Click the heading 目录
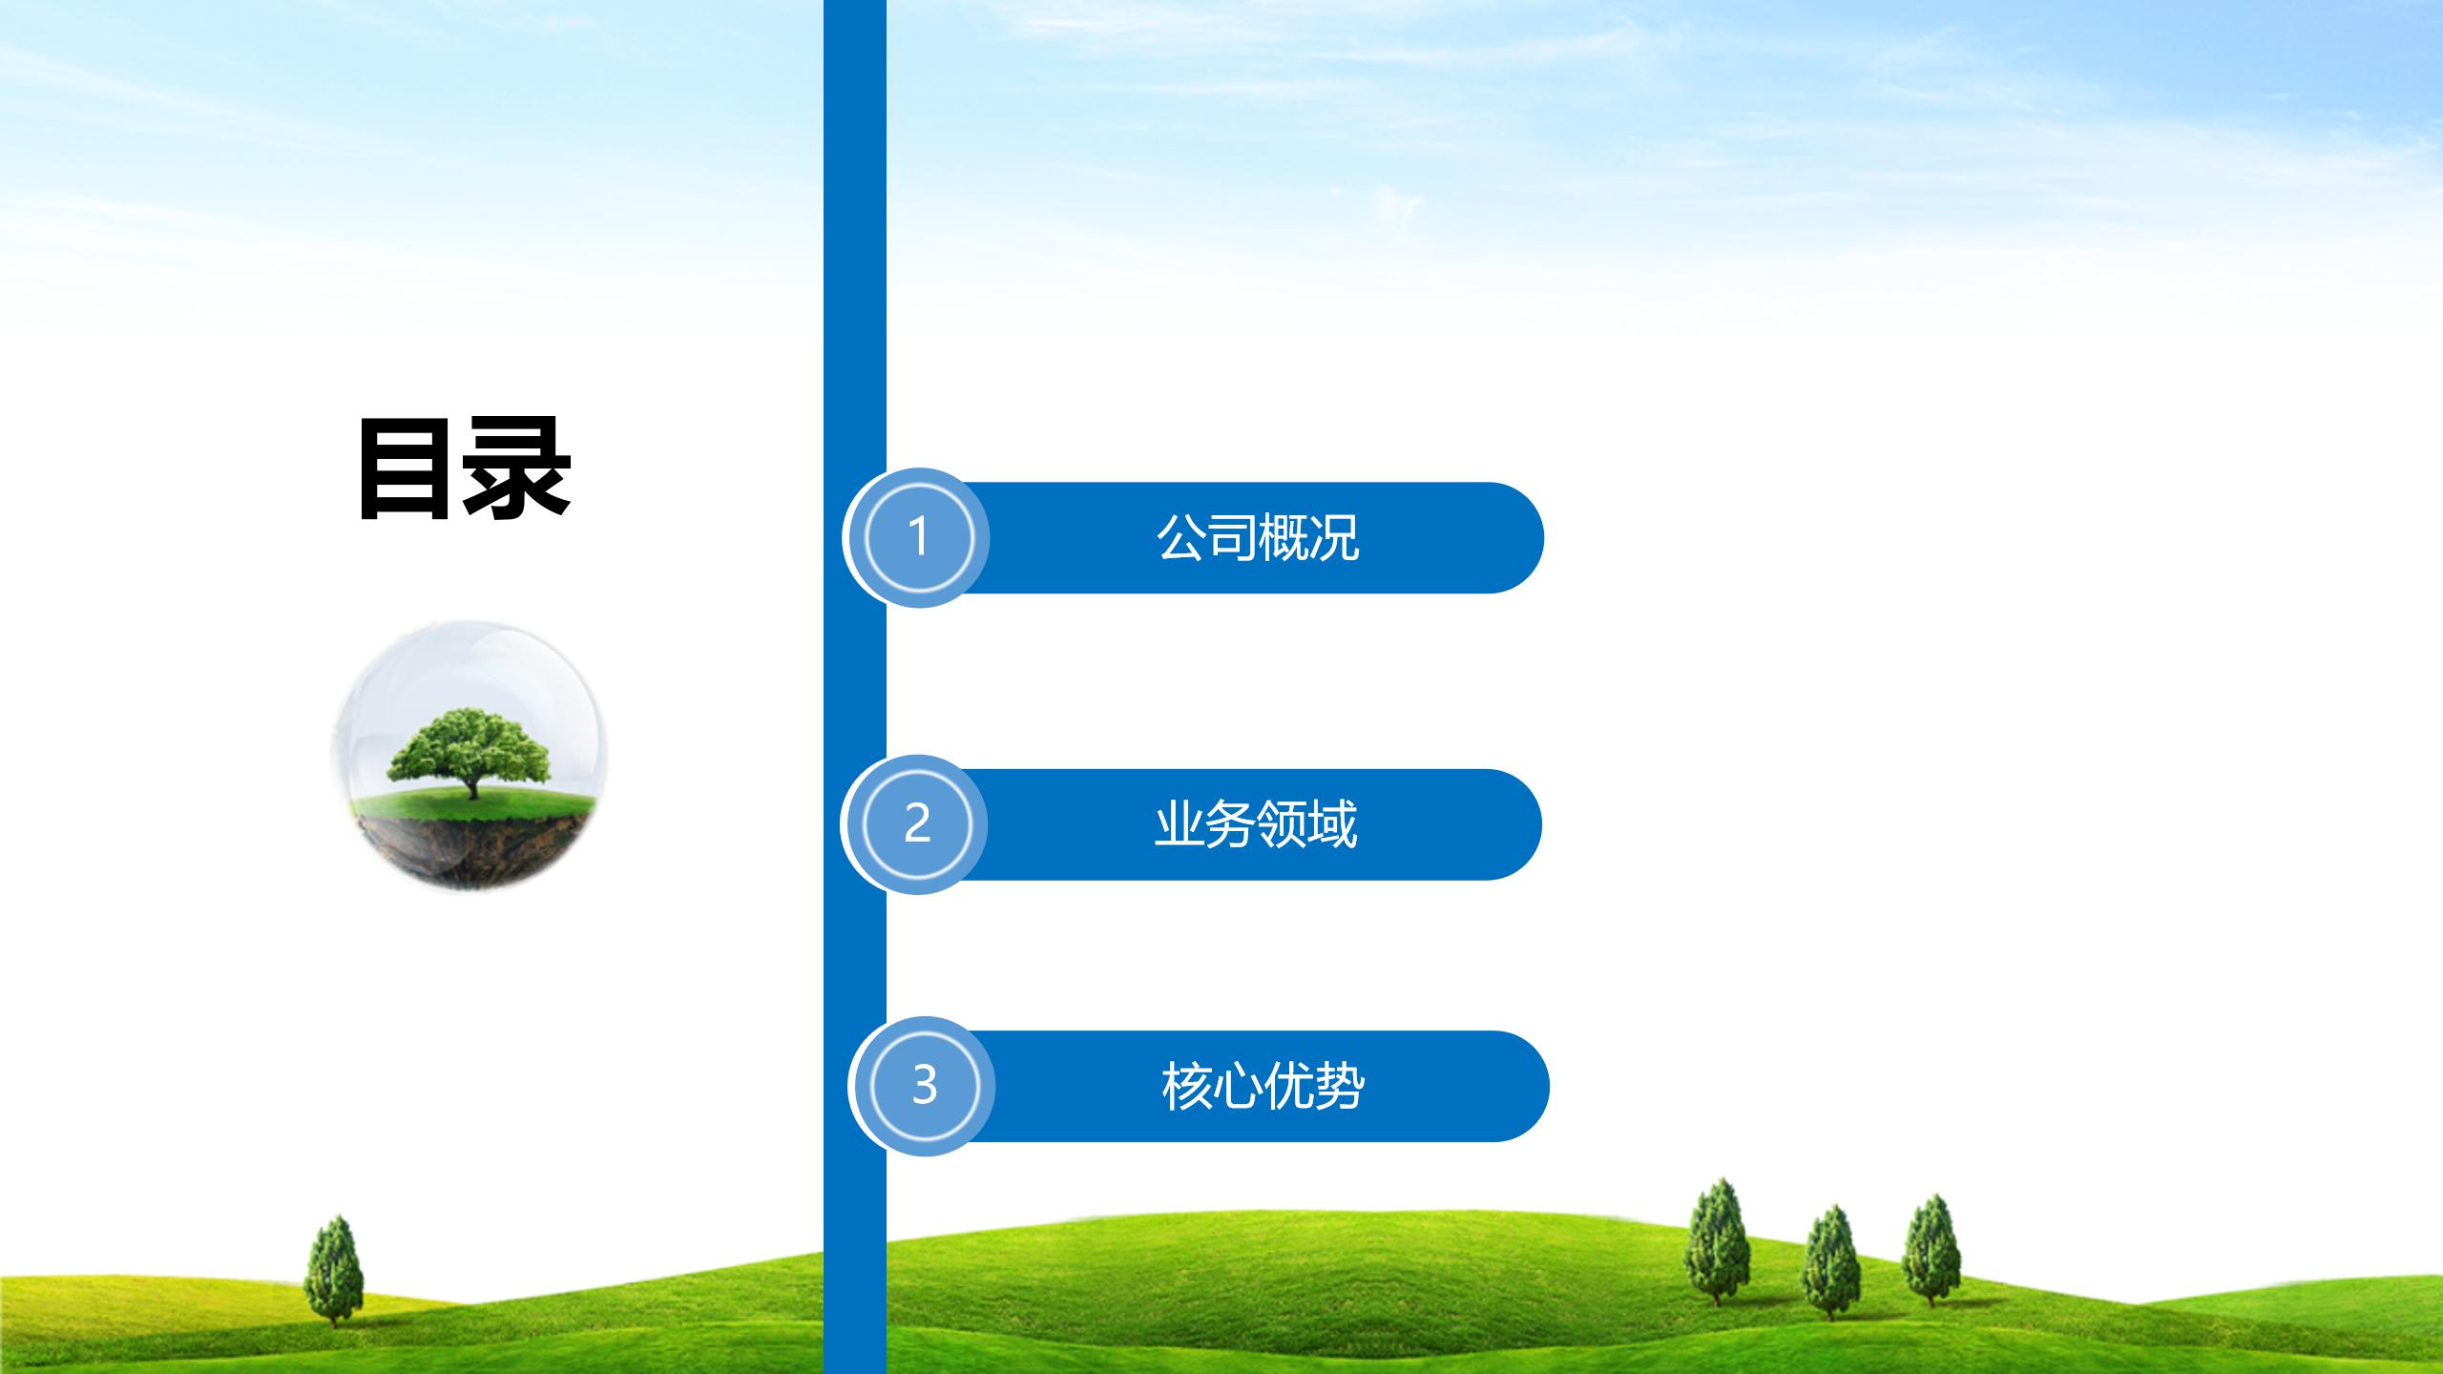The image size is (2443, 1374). [x=465, y=468]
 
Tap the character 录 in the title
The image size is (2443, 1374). [x=517, y=468]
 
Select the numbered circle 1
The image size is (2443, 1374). [x=918, y=537]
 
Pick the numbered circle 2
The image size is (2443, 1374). [x=916, y=823]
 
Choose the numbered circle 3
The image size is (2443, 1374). [x=923, y=1086]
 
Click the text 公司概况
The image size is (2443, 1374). [x=1258, y=537]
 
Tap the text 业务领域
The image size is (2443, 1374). [x=1256, y=823]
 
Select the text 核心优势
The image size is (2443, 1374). [x=1263, y=1086]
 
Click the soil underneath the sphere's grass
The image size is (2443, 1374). [x=469, y=849]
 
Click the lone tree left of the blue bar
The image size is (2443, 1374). [x=333, y=1270]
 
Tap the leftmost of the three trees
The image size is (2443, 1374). [x=1717, y=1241]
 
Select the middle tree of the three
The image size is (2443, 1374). [x=1831, y=1263]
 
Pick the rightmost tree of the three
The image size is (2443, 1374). [x=1931, y=1250]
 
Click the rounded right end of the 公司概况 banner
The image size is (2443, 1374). [x=1517, y=537]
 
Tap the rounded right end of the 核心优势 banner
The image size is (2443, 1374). [x=1523, y=1086]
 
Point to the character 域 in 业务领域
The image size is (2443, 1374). [x=1332, y=823]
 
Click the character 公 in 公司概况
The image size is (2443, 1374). [x=1182, y=537]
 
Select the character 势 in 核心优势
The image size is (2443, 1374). [x=1339, y=1086]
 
